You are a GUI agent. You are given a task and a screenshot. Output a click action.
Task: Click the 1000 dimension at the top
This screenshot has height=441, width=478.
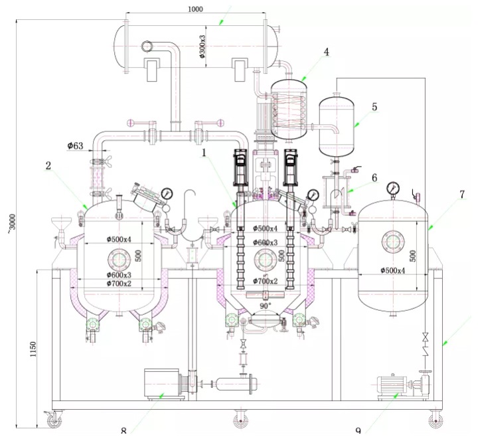[196, 10]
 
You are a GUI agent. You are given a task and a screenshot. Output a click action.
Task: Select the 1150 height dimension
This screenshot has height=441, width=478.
[33, 348]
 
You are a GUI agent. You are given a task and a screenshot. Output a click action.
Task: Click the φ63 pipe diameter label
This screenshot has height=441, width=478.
[75, 145]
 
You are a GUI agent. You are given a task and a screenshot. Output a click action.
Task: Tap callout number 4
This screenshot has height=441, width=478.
[326, 51]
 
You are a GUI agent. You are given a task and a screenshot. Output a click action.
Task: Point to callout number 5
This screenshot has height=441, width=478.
[374, 106]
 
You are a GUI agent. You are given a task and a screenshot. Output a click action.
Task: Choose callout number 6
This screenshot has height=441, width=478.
[374, 177]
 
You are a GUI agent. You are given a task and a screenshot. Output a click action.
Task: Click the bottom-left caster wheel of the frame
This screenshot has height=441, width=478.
[52, 419]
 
